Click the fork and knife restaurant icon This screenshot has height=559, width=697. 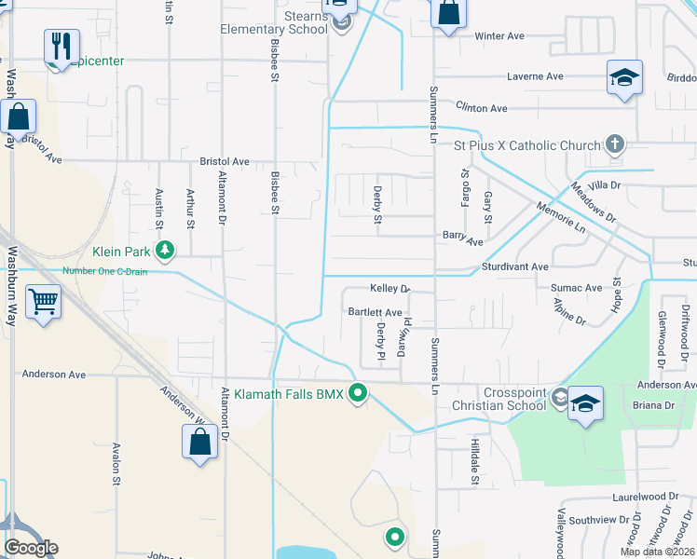[61, 46]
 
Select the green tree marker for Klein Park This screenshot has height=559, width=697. [165, 250]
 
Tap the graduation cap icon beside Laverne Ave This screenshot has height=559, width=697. [624, 77]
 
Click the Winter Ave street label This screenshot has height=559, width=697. [499, 36]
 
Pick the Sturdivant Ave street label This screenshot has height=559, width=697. [514, 267]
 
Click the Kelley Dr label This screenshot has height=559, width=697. [389, 290]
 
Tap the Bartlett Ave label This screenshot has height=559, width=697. [375, 312]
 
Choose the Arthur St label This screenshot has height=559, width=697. [190, 209]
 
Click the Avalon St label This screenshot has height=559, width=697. [117, 463]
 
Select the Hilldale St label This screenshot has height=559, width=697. [474, 463]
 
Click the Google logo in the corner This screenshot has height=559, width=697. [31, 548]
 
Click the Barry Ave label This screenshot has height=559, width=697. [462, 241]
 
